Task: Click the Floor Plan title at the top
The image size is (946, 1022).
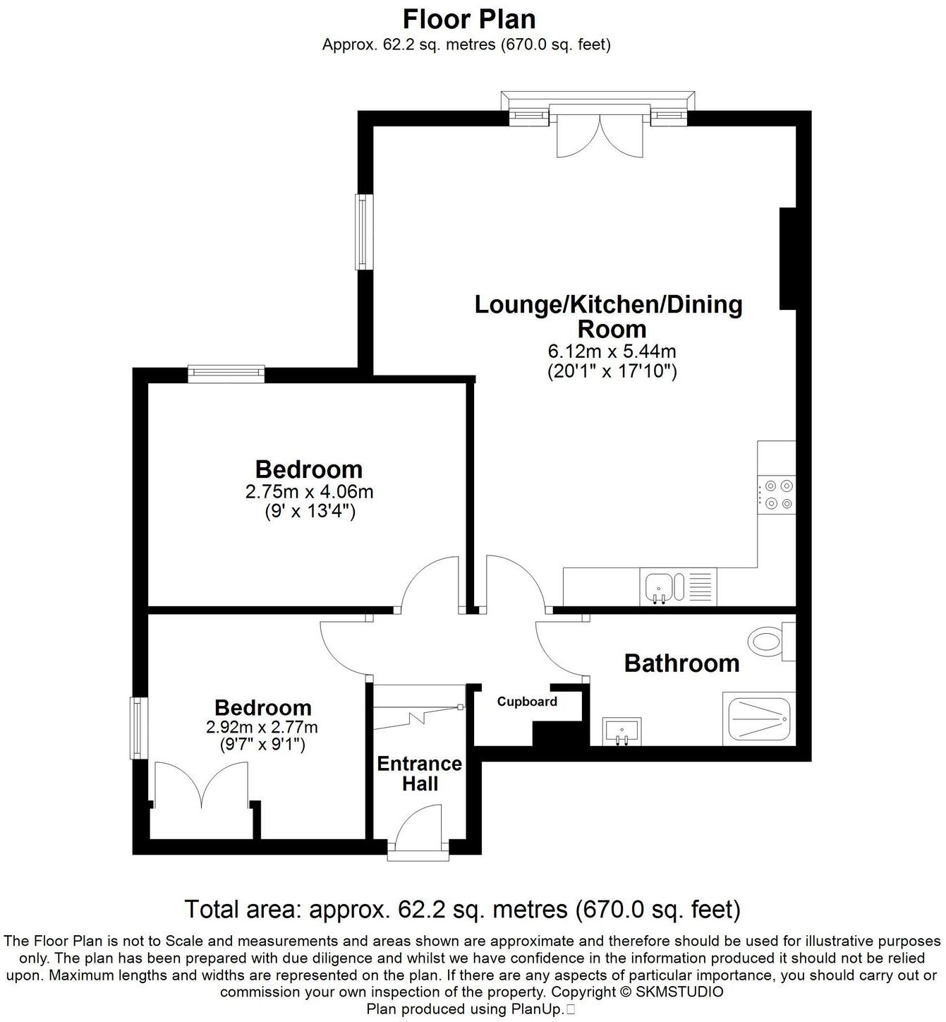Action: click(468, 18)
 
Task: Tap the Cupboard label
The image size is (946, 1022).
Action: click(527, 702)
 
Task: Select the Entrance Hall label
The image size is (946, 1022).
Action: click(419, 774)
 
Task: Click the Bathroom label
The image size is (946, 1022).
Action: click(681, 663)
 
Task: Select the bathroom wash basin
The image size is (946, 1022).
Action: click(621, 731)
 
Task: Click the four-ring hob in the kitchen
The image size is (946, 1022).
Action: click(777, 494)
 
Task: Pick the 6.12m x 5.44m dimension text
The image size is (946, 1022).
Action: click(612, 351)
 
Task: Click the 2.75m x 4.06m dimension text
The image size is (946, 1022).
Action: click(309, 491)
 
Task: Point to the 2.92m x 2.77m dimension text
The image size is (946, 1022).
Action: click(262, 726)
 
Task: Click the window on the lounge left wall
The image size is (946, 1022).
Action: click(363, 232)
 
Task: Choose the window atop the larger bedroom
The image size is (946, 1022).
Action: click(226, 373)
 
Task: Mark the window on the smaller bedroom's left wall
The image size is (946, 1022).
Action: click(136, 728)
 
